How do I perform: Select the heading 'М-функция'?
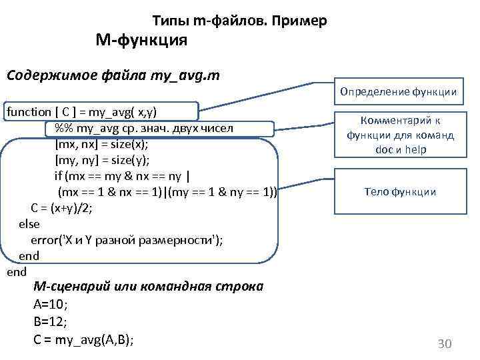click(141, 41)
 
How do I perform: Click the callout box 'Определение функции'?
click(398, 91)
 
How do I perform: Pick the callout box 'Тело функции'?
click(400, 192)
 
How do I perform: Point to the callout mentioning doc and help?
click(400, 135)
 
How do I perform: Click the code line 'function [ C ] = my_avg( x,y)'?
click(91, 112)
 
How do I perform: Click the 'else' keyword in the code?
click(29, 224)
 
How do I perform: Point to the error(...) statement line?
click(127, 240)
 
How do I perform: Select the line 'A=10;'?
click(50, 305)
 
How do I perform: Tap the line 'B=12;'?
click(50, 322)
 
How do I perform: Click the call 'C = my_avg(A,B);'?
click(83, 340)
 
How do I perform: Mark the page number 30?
click(444, 344)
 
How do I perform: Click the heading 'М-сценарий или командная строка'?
click(148, 287)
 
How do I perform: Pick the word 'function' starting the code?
click(28, 112)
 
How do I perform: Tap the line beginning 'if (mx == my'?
click(123, 176)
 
